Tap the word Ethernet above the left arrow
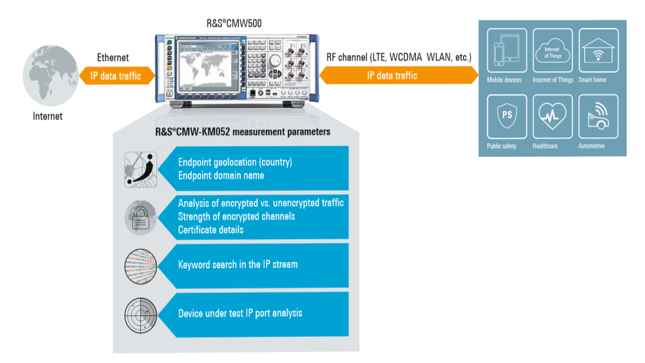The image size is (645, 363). click(x=113, y=58)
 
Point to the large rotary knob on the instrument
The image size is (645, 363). click(x=275, y=60)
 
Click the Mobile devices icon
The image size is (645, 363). click(x=506, y=50)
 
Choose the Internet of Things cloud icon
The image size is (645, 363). click(x=552, y=50)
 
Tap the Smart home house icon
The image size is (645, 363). click(x=599, y=50)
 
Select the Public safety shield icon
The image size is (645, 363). click(x=506, y=116)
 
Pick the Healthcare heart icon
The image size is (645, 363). click(x=552, y=116)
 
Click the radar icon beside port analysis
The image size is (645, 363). click(x=141, y=316)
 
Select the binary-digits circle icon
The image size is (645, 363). click(x=141, y=266)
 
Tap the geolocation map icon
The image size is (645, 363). click(x=141, y=170)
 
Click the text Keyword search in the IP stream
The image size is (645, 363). click(x=238, y=265)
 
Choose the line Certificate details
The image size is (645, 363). click(x=211, y=230)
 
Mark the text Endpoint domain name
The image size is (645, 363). click(x=221, y=175)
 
